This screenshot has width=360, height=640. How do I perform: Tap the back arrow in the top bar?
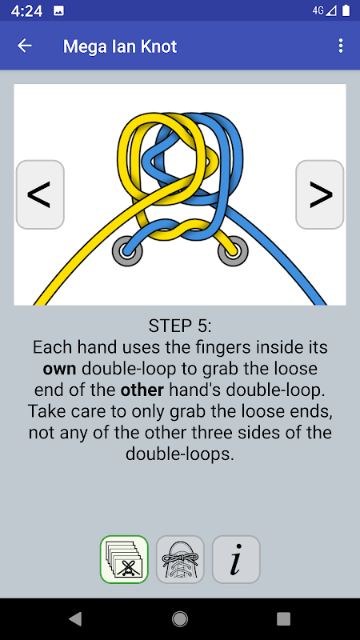[25, 46]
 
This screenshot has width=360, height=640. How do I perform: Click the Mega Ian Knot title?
[120, 46]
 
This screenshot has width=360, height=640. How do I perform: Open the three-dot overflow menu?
[341, 46]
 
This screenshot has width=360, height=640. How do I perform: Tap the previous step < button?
[40, 194]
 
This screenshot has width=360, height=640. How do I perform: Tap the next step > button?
[319, 194]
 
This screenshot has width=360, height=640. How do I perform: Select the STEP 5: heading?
[180, 326]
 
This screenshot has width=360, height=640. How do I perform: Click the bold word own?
[59, 369]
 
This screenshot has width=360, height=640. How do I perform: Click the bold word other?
[142, 390]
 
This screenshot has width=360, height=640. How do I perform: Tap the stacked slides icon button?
[124, 559]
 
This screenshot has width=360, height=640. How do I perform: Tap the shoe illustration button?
[180, 559]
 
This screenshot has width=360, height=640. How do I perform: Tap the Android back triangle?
[75, 618]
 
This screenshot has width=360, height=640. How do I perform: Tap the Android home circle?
[180, 618]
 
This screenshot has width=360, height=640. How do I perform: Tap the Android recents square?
[284, 618]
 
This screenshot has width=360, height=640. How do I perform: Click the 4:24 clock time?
[26, 11]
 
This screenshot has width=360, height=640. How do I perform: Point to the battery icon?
[346, 10]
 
